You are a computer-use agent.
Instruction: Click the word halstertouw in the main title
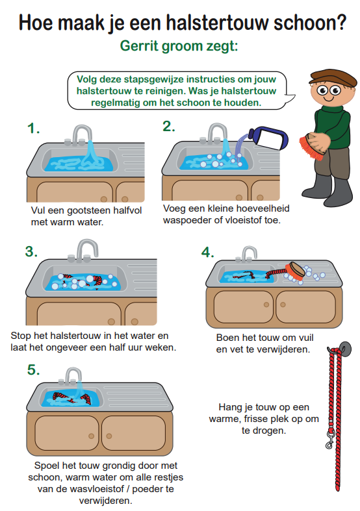[x=218, y=23]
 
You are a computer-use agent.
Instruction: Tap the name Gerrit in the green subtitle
[x=139, y=45]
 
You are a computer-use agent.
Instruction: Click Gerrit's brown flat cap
[x=333, y=78]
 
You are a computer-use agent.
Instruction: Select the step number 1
[x=33, y=128]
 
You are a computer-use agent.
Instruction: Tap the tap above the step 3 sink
[x=83, y=250]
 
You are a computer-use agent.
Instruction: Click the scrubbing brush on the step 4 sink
[x=295, y=271]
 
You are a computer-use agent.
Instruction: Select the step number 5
[x=33, y=370]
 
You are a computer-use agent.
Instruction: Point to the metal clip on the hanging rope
[x=329, y=440]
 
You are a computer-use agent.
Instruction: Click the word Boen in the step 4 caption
[x=227, y=338]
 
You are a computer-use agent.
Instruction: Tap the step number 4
[x=207, y=252]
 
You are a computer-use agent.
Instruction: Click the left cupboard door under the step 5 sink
[x=66, y=433]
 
